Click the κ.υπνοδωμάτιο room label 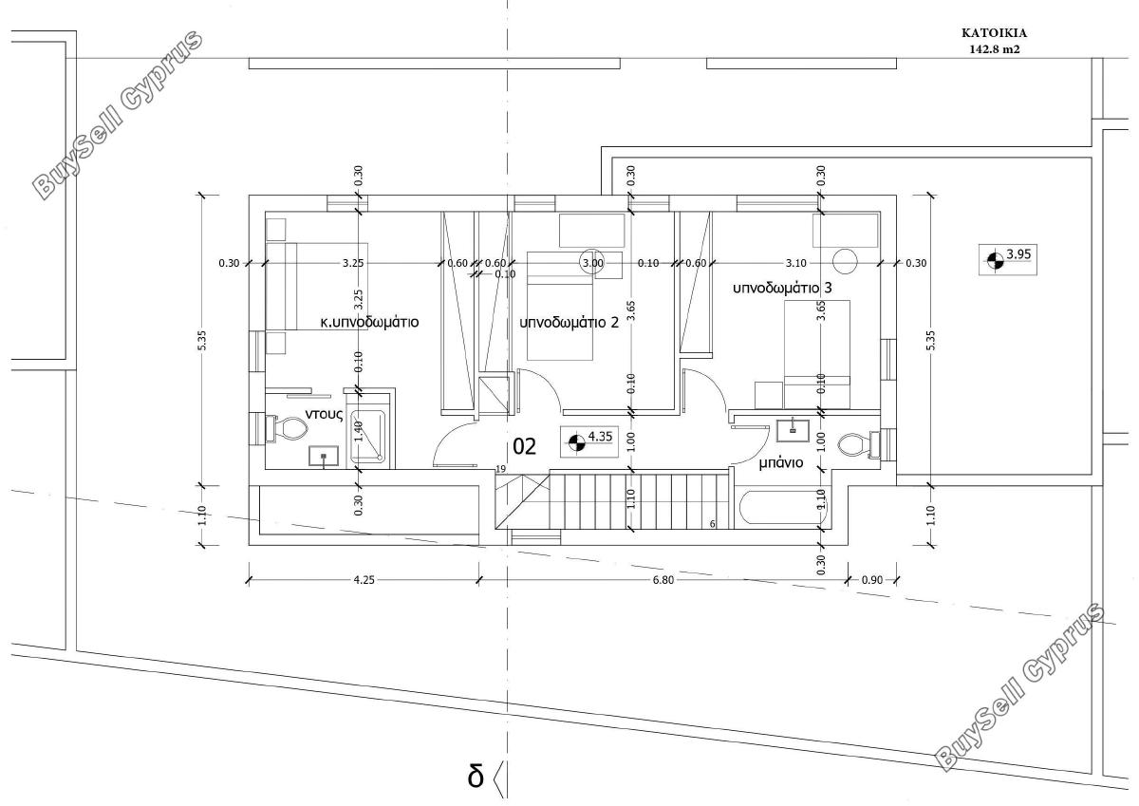click(369, 323)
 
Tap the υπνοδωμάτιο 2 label click(569, 323)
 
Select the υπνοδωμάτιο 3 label click(782, 289)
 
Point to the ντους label click(324, 414)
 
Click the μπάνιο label click(781, 462)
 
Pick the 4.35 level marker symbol click(577, 441)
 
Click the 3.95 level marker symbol click(996, 260)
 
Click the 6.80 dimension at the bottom click(663, 580)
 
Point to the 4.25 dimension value click(364, 580)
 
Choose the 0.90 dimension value click(872, 580)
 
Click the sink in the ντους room click(324, 456)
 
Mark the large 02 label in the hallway click(524, 446)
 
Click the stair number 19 click(501, 469)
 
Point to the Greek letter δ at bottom click(476, 776)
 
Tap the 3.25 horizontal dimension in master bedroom click(353, 263)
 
